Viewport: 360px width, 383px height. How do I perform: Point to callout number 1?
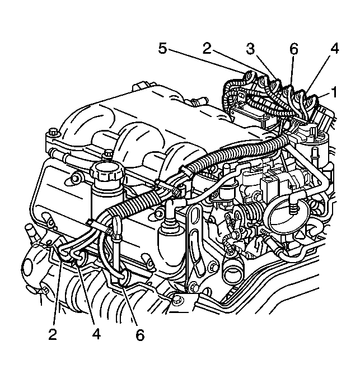334,91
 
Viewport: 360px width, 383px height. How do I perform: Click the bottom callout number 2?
53,334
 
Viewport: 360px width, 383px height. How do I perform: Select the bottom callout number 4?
96,334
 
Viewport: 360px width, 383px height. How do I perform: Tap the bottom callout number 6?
140,334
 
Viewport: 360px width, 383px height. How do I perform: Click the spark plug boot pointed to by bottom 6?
119,279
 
